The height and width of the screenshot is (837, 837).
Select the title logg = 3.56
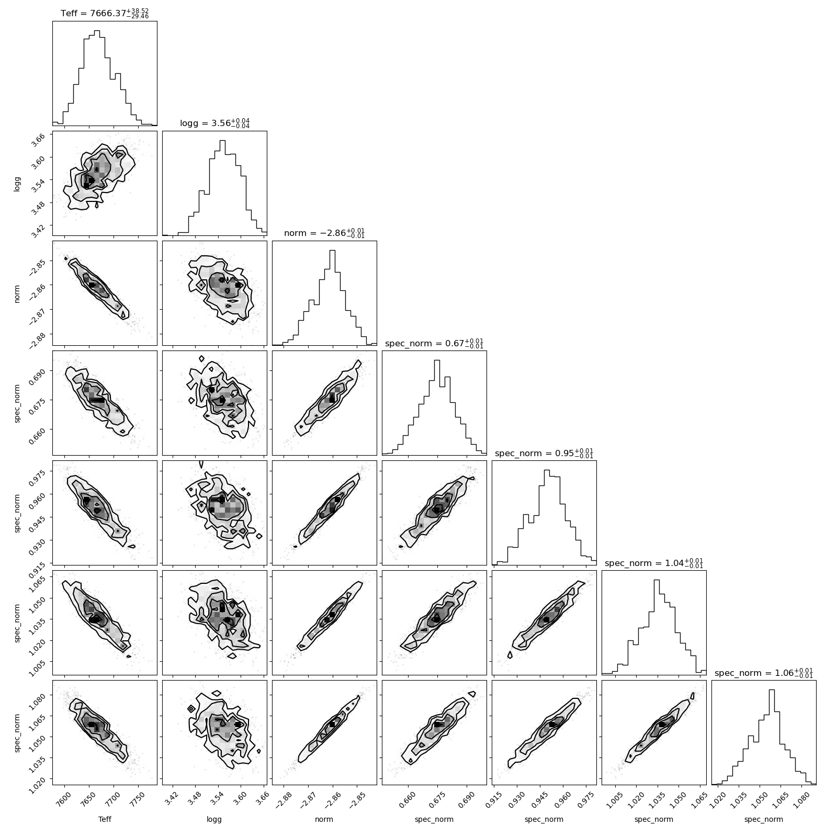(214, 123)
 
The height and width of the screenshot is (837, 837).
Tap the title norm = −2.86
(324, 233)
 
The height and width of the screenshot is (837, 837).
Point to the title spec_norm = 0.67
(434, 343)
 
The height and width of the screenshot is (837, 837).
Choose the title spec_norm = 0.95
(544, 453)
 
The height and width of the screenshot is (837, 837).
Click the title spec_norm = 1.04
(654, 562)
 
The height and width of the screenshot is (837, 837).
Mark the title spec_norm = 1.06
(764, 672)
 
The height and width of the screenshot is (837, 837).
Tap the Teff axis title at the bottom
(105, 820)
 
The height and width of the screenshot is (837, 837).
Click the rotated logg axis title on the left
(18, 183)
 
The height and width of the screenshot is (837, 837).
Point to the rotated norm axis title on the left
(18, 293)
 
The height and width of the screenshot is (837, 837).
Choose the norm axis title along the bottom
(324, 820)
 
